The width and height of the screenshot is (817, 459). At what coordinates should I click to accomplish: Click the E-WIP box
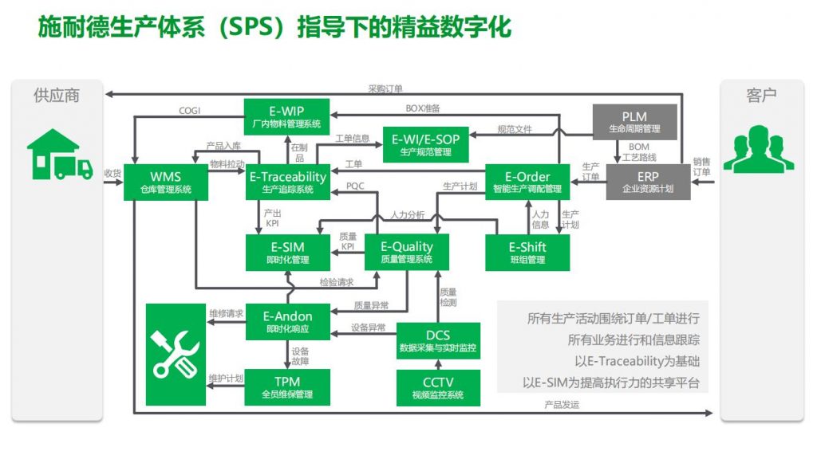pos(286,117)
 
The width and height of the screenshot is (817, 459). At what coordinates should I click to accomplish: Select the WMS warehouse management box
pos(166,182)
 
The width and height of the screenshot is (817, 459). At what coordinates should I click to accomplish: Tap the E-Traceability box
pos(287,182)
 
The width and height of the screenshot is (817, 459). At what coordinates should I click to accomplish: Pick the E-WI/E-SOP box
pos(426,145)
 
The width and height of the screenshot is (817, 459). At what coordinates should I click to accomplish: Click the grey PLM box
pos(634,122)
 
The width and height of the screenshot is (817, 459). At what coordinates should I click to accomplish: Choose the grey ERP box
pos(648,182)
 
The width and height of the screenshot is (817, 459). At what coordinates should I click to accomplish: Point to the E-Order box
pos(527,182)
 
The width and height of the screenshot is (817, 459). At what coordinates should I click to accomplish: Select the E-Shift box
pos(527,253)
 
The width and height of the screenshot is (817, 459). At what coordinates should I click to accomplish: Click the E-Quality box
pos(407,253)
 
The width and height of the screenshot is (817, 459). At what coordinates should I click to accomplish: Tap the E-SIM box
pos(287,253)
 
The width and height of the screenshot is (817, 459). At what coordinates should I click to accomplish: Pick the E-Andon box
pos(287,322)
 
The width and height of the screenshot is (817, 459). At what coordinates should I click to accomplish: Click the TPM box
pos(287,387)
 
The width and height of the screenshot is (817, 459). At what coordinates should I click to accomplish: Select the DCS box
pos(438,341)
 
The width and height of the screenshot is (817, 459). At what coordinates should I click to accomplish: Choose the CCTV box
pos(438,388)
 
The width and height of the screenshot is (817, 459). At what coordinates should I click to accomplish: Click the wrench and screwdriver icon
pos(176,355)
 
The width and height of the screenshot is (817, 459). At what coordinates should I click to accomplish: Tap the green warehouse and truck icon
pos(60,155)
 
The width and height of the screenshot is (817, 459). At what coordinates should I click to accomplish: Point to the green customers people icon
pos(759,149)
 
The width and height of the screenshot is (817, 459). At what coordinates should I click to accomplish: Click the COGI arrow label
pos(189,111)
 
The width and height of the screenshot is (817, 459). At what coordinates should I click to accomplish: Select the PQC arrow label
pos(355,186)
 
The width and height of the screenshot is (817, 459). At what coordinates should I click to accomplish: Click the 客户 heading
pos(761,96)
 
